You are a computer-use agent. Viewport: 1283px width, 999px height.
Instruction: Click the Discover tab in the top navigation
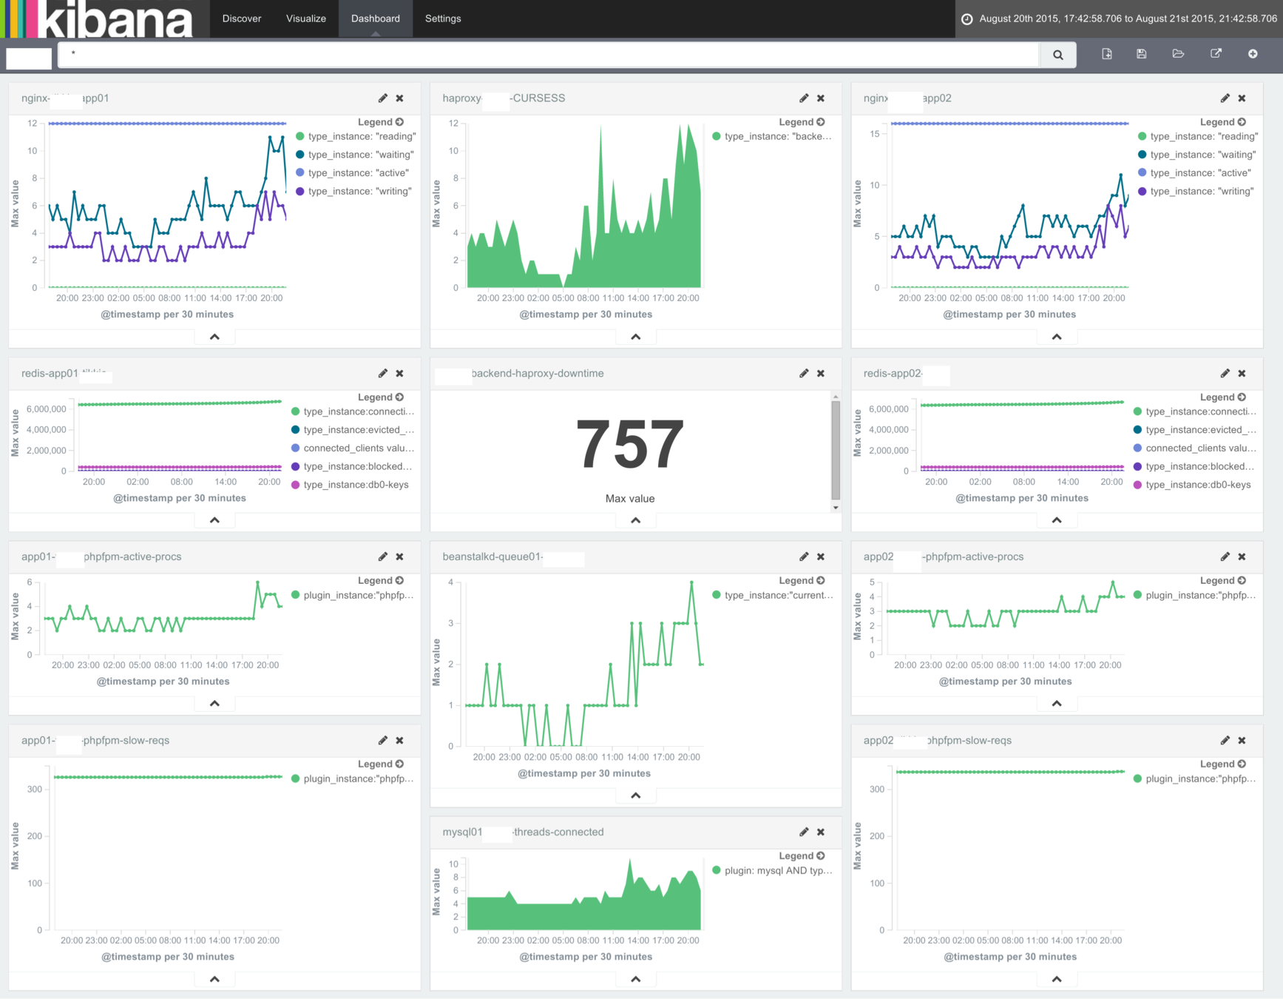tap(242, 18)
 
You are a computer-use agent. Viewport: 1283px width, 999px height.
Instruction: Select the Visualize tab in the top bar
tap(306, 18)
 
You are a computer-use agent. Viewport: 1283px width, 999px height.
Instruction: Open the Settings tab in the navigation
tap(443, 18)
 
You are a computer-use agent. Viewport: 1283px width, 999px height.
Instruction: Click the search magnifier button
tap(1057, 55)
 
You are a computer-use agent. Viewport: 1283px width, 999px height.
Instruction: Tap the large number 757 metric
tap(630, 444)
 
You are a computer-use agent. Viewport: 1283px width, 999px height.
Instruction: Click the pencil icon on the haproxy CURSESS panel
tap(804, 98)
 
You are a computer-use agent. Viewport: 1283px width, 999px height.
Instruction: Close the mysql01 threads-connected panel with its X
tap(821, 832)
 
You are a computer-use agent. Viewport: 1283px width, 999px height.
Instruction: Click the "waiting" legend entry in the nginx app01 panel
tap(360, 155)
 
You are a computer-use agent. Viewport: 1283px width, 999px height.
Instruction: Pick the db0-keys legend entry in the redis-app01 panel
tap(356, 485)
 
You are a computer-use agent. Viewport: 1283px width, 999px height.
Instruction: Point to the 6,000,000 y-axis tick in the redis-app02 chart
tap(888, 409)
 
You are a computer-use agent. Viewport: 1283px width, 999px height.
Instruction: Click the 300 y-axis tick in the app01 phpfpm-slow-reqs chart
tap(35, 790)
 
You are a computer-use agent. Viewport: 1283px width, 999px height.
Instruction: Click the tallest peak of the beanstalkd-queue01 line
tap(691, 582)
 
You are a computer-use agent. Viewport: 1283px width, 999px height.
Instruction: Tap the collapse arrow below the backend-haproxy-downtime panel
tap(635, 520)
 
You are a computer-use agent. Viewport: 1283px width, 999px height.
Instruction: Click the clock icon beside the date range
tap(967, 19)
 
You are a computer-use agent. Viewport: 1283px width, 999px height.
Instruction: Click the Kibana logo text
tap(115, 19)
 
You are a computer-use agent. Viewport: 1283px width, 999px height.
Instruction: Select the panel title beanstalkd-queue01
tap(492, 557)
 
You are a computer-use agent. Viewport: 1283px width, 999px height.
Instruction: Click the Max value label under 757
tap(630, 499)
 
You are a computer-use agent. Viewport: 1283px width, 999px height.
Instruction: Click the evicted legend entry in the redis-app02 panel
tap(1200, 430)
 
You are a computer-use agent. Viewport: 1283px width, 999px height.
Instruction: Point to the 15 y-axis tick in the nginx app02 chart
tap(875, 134)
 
